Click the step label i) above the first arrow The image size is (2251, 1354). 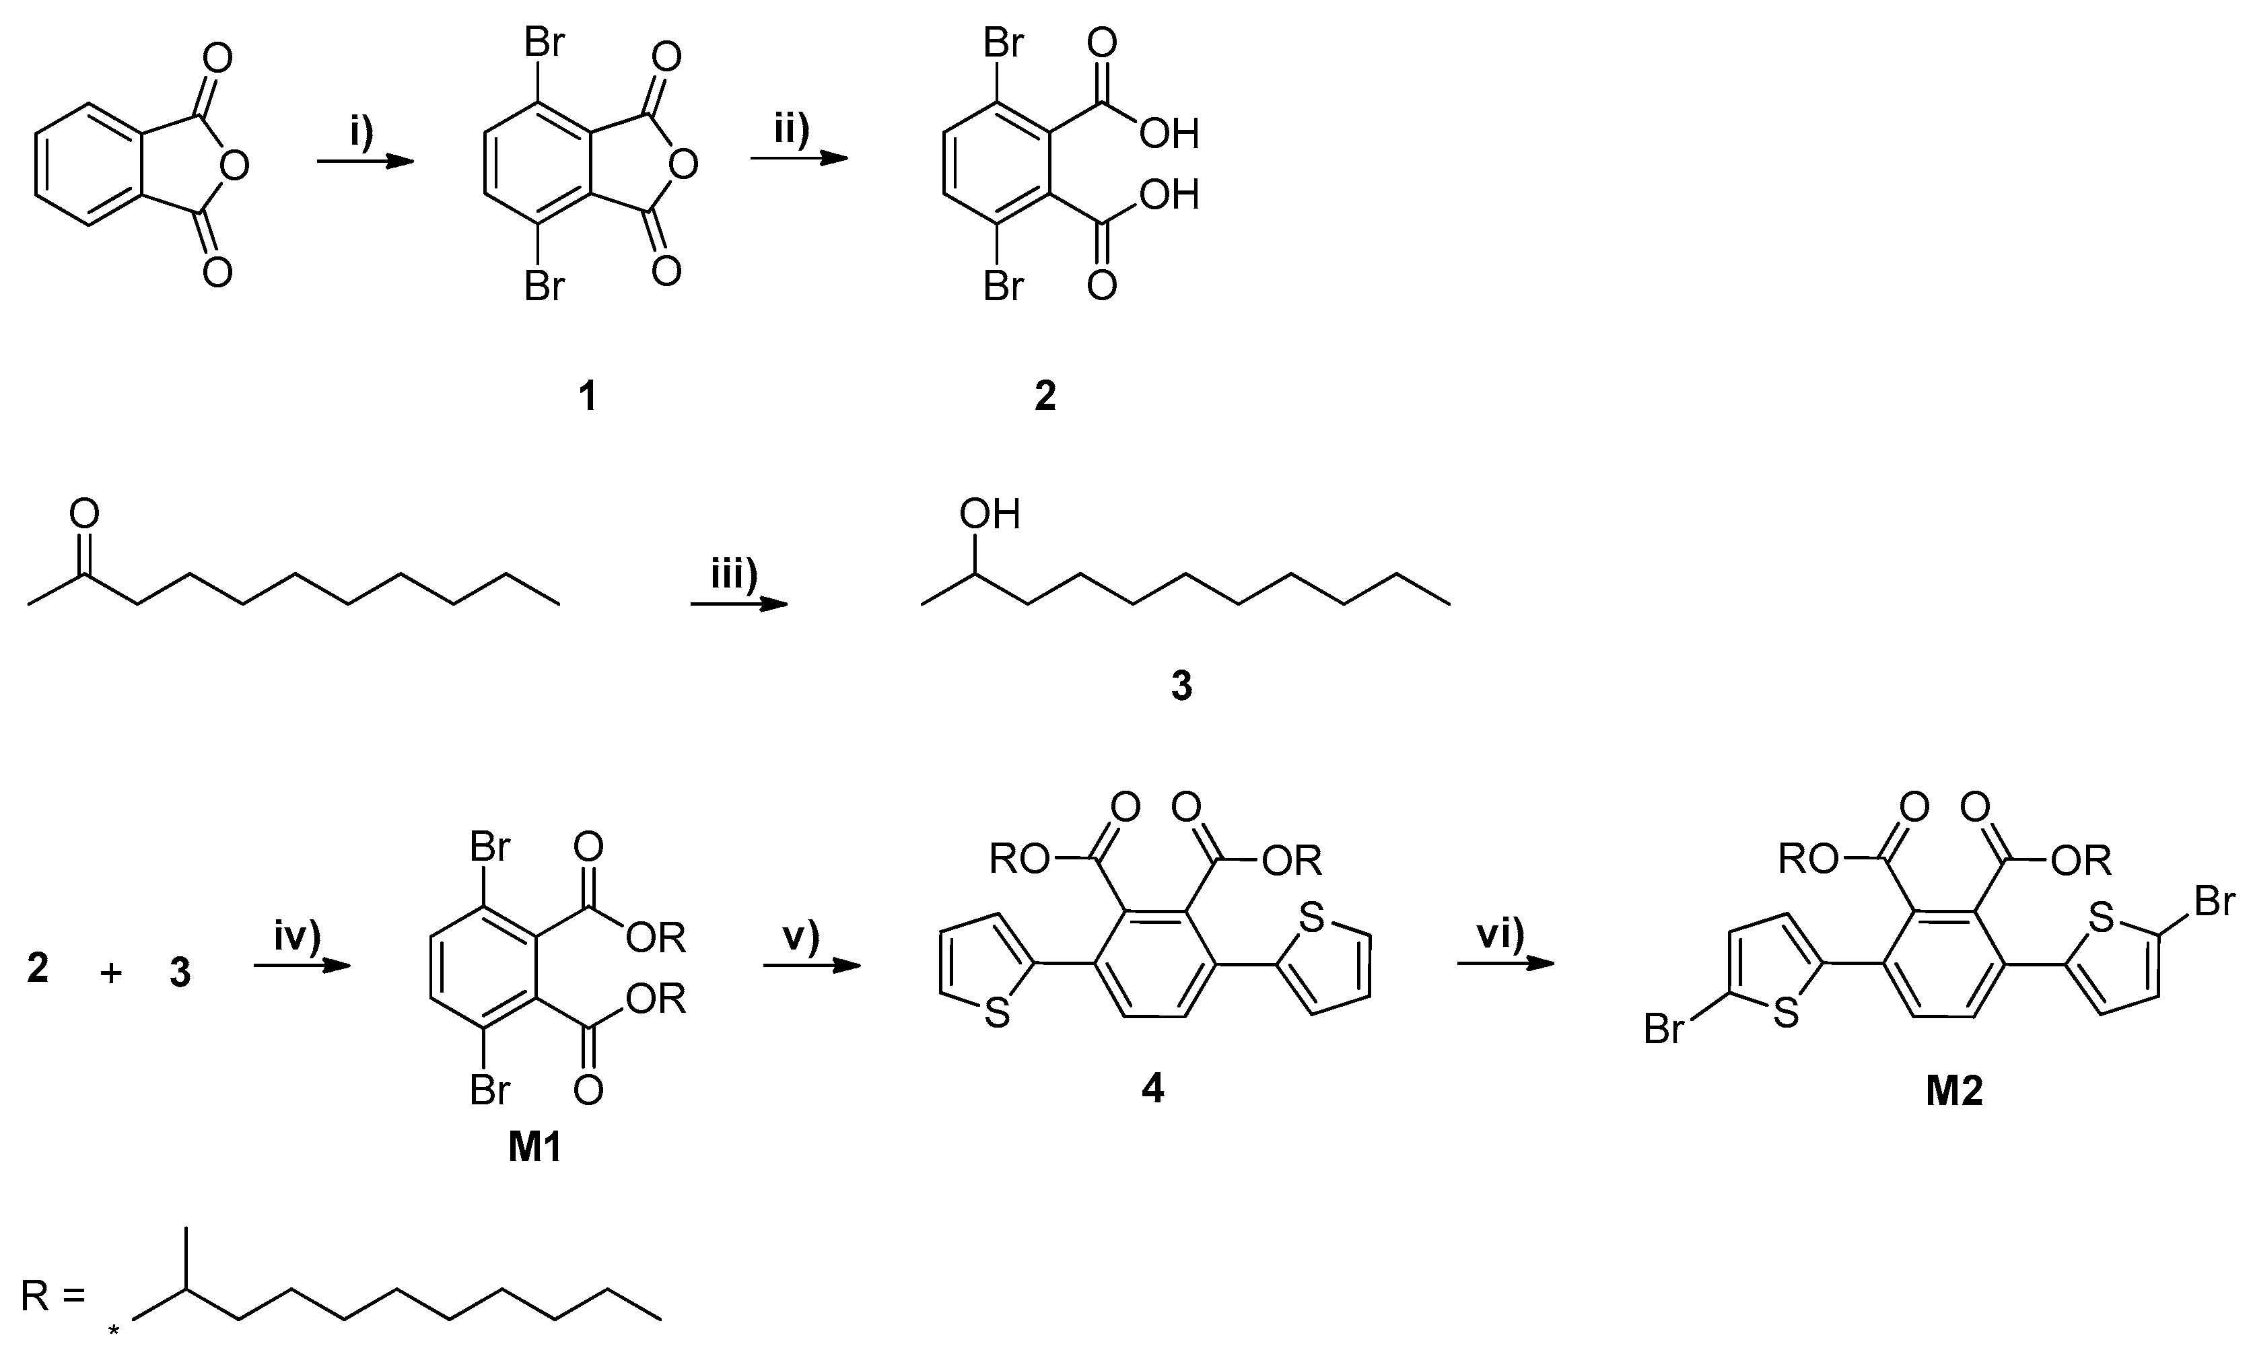362,133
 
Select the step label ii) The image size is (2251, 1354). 792,130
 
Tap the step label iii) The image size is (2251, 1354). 734,577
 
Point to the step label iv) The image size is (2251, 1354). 298,937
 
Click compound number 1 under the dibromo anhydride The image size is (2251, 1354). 588,396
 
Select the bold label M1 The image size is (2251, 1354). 534,1149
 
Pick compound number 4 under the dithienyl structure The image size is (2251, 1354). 1152,1088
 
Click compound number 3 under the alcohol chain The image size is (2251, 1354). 1181,685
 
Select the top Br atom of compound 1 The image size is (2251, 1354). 544,43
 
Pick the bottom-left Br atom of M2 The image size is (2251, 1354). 1663,1030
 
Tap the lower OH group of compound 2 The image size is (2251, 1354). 1169,195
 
